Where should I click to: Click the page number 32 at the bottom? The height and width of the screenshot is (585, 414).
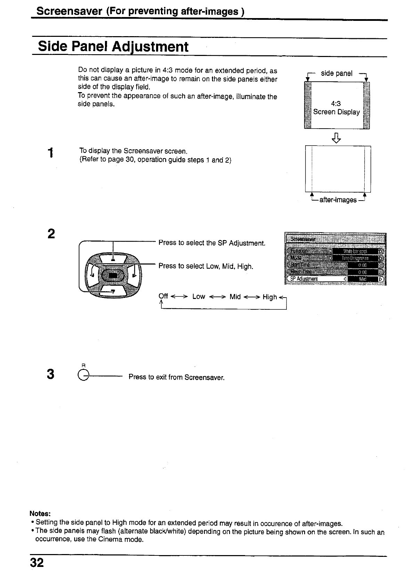pos(37,562)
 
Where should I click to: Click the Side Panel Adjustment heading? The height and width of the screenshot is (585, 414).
pos(113,47)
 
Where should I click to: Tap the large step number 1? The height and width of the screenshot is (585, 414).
pos(51,153)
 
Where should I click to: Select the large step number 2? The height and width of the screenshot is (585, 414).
pos(51,234)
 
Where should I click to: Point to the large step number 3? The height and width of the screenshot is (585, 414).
pos(50,374)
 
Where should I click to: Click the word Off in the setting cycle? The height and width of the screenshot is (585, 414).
pos(163,296)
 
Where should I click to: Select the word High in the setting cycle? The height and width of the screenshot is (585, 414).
pos(270,297)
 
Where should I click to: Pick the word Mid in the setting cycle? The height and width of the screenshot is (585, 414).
pos(235,296)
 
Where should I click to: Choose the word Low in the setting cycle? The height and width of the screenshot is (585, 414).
pos(198,296)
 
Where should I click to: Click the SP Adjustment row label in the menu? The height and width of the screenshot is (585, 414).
pos(304,279)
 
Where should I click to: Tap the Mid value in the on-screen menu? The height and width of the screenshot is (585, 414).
pos(363,279)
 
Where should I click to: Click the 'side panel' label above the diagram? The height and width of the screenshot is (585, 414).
pos(336,73)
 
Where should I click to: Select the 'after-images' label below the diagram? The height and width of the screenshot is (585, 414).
pos(338,200)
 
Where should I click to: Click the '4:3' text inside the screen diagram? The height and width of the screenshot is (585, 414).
pos(336,104)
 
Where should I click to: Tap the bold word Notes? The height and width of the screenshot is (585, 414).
pos(40,513)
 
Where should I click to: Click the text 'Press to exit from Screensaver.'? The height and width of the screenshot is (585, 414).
pos(177,377)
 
